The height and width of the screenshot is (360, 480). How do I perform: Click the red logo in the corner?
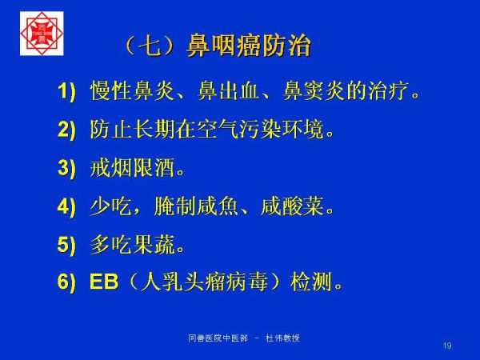click(42, 34)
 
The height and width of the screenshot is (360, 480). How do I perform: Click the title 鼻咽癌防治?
click(249, 46)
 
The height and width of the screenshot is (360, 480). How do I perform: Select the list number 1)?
click(66, 91)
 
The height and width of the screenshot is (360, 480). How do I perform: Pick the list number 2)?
click(66, 130)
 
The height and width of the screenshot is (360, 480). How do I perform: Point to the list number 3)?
click(66, 168)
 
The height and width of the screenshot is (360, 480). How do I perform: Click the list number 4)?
click(66, 206)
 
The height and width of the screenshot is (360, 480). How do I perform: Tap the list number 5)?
click(66, 245)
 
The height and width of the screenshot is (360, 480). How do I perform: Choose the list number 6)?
click(66, 282)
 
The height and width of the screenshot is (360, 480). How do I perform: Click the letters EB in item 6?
click(104, 282)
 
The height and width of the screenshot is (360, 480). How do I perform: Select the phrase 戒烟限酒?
click(132, 168)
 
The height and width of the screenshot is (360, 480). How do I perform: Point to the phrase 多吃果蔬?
click(132, 245)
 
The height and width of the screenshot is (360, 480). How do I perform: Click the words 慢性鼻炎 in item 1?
click(132, 91)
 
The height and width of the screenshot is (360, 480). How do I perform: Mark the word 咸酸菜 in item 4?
click(292, 206)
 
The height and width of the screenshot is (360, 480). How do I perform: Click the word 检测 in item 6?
click(311, 282)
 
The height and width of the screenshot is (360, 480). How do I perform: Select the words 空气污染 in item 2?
click(238, 130)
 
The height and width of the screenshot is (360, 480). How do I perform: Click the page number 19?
click(447, 346)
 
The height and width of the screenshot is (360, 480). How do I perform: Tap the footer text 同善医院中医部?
click(218, 338)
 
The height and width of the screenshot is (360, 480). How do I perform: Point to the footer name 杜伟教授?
click(283, 338)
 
